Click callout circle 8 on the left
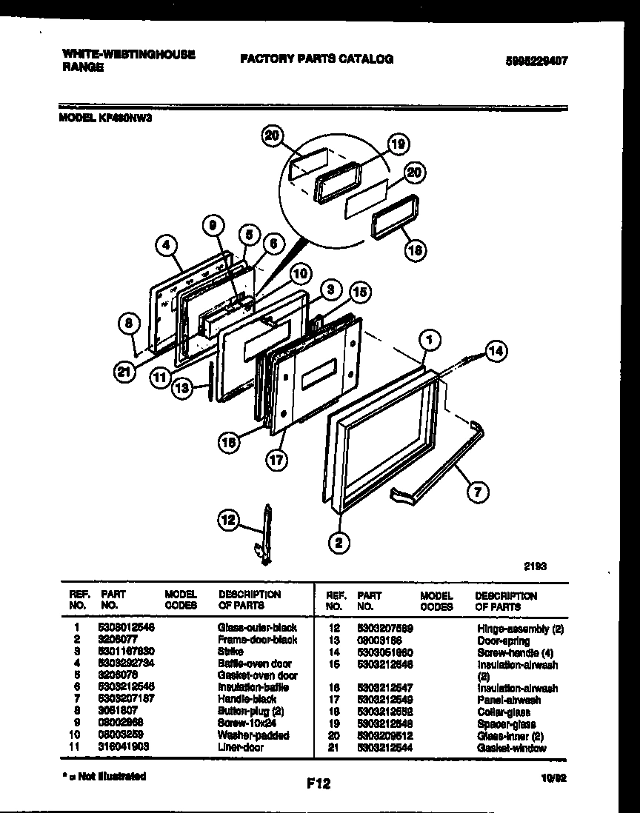point(130,322)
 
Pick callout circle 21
point(127,372)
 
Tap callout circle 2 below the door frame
point(339,543)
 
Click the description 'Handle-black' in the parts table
point(247,699)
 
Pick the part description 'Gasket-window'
point(511,748)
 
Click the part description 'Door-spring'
point(503,640)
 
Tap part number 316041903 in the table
point(123,748)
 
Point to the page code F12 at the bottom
point(317,783)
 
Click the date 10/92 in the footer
point(557,778)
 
